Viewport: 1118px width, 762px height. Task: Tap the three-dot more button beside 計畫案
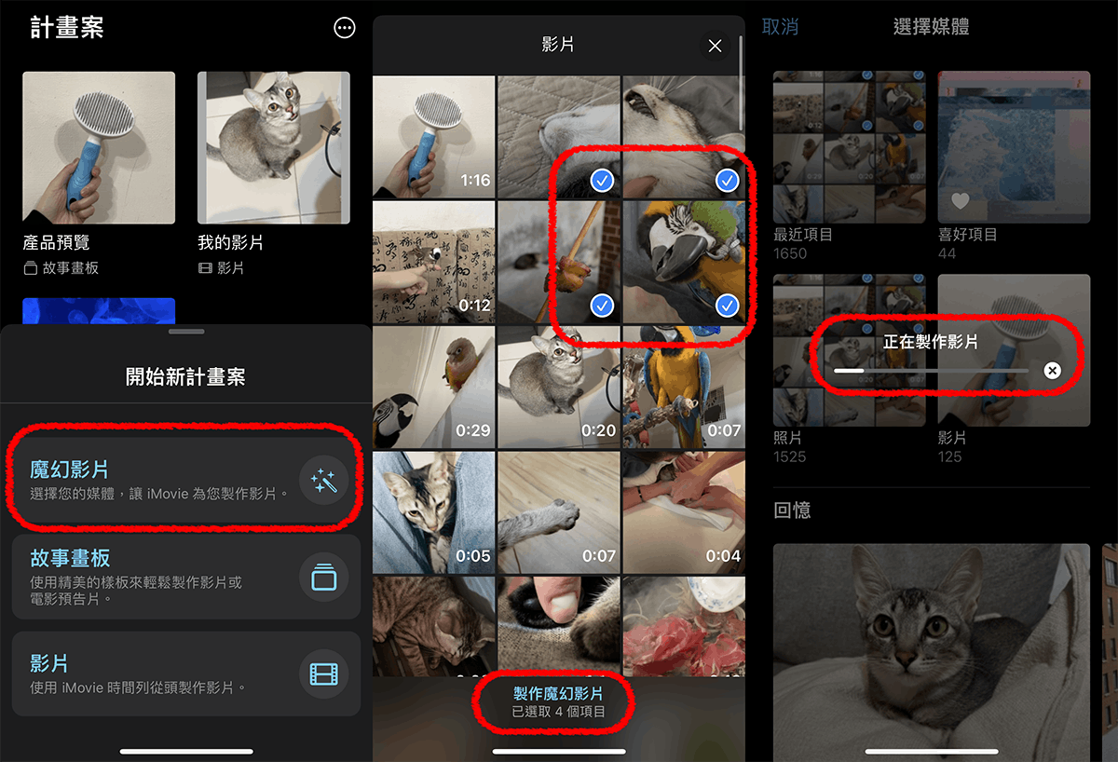(345, 28)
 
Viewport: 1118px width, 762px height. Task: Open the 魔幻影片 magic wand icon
(323, 481)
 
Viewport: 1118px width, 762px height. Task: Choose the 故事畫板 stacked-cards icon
(323, 578)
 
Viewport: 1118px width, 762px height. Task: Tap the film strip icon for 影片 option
(323, 674)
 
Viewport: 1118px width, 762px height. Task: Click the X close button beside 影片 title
(715, 46)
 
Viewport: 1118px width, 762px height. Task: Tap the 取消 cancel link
(780, 26)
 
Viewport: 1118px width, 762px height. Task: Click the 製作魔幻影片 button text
(558, 693)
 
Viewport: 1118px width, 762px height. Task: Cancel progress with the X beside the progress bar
(1052, 370)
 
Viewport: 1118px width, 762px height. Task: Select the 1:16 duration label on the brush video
(475, 180)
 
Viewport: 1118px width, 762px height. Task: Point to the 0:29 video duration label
(473, 430)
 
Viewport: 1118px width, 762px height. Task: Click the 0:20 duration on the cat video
(598, 430)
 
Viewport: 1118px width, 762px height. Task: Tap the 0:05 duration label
(473, 555)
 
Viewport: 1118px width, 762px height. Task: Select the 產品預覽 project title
(57, 242)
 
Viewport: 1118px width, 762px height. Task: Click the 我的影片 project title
(231, 242)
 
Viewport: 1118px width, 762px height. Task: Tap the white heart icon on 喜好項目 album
(960, 200)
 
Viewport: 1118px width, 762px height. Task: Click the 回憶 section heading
(792, 510)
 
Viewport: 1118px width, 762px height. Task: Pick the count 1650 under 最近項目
(790, 253)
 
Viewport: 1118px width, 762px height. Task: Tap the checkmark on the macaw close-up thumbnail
(727, 306)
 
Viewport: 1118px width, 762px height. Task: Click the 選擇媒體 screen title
(932, 26)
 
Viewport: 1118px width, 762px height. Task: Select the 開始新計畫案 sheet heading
(185, 376)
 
